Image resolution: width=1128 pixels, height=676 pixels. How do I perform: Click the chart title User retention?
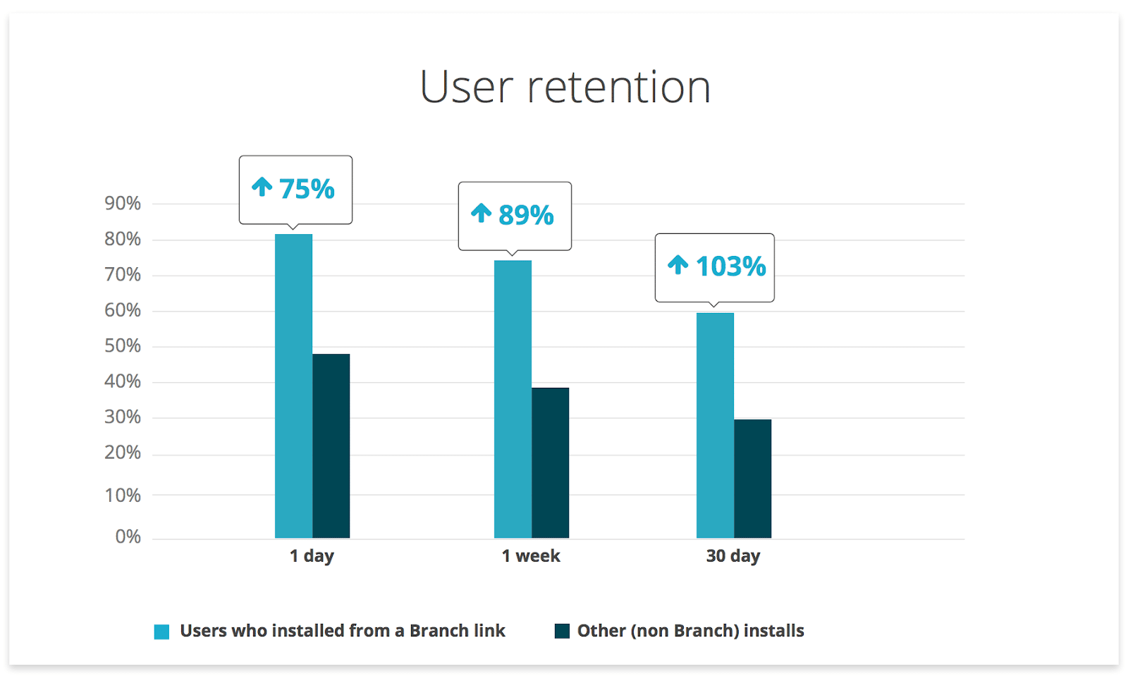(565, 87)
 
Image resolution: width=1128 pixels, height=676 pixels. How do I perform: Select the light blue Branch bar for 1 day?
(293, 386)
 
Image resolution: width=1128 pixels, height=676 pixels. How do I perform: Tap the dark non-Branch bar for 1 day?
(331, 446)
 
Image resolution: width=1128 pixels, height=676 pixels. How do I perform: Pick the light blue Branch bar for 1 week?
(513, 400)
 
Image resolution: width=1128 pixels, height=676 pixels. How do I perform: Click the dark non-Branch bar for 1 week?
(550, 463)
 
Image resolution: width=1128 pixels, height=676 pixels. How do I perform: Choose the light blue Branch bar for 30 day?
(715, 426)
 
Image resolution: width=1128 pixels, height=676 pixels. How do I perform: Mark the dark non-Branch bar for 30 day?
(752, 479)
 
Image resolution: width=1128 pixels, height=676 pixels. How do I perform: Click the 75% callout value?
(307, 189)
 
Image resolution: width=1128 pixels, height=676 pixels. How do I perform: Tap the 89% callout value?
(526, 215)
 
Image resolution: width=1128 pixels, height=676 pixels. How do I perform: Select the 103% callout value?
(730, 266)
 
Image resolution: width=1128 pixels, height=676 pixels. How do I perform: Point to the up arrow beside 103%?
(678, 265)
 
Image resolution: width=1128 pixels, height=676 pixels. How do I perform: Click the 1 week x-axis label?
(531, 556)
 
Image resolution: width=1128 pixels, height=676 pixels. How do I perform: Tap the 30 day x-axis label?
(733, 556)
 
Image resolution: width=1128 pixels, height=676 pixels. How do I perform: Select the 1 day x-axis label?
(312, 556)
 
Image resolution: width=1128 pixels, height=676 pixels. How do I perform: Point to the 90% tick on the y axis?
(123, 204)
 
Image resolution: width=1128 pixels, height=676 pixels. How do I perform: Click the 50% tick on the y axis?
(123, 346)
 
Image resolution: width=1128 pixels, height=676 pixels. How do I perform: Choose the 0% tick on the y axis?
(128, 537)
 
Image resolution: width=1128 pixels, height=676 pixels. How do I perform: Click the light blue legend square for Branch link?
(162, 632)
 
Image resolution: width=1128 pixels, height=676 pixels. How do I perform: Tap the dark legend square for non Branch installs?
(562, 631)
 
